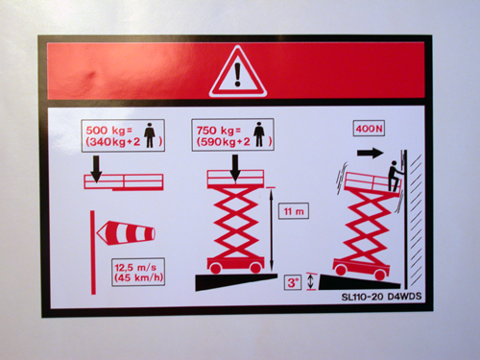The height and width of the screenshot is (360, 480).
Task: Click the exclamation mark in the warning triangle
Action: pyautogui.click(x=237, y=75)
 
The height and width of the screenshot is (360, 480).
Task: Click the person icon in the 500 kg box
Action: pyautogui.click(x=150, y=135)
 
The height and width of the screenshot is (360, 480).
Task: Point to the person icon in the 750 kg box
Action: pyautogui.click(x=259, y=134)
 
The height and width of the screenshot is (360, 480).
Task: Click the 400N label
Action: pyautogui.click(x=369, y=129)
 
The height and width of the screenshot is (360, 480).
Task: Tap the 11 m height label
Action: pyautogui.click(x=294, y=211)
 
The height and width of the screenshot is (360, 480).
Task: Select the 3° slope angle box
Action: pyautogui.click(x=293, y=282)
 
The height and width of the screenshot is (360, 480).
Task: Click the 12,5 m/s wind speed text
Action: pyautogui.click(x=135, y=267)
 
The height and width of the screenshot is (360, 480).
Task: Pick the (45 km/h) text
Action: pyautogui.click(x=139, y=277)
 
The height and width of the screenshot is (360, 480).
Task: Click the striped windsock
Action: pyautogui.click(x=126, y=233)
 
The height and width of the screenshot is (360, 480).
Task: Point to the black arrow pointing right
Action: pyautogui.click(x=371, y=153)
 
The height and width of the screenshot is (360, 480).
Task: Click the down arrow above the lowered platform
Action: pyautogui.click(x=96, y=169)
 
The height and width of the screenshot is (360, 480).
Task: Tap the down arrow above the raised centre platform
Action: pyautogui.click(x=235, y=169)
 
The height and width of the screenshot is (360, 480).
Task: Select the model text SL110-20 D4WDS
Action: pyautogui.click(x=381, y=297)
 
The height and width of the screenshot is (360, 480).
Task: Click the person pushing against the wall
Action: pyautogui.click(x=395, y=177)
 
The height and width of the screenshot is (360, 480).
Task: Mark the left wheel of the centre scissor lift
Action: pyautogui.click(x=216, y=268)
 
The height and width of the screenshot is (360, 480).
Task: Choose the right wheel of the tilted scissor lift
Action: pyautogui.click(x=380, y=275)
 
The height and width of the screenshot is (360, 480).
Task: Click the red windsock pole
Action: pyautogui.click(x=93, y=252)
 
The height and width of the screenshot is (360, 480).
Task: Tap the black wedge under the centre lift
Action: pyautogui.click(x=235, y=281)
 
